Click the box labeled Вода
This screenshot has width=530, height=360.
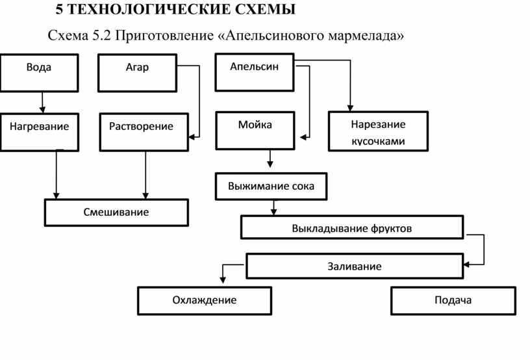coord(39,73)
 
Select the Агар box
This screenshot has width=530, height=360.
coord(137,73)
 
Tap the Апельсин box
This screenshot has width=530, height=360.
coord(255,72)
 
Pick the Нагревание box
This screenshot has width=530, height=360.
coord(40,132)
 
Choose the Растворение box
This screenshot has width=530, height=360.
coord(144,132)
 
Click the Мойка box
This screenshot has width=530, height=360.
coord(255,131)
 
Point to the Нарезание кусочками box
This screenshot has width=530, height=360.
coord(378,131)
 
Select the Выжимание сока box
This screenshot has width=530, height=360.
coord(271,186)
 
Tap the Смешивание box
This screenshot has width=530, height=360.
coord(116,212)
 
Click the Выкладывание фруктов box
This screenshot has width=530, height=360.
coord(352,227)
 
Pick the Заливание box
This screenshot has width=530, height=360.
coord(355,266)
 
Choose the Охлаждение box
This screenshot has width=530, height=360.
coord(205,300)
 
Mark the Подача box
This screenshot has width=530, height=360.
coord(453,300)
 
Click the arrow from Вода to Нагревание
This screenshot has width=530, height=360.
coord(42,103)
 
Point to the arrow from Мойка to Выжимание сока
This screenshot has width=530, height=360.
coord(270,159)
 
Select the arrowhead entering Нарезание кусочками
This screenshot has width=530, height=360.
coord(350,108)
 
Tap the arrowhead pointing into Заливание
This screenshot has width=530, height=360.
coord(467,264)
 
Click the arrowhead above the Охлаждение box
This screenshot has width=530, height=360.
coord(223,280)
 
